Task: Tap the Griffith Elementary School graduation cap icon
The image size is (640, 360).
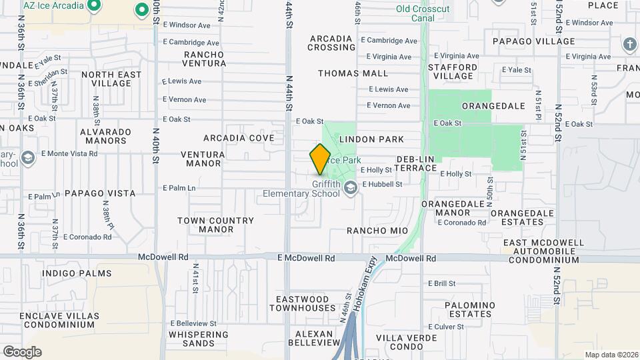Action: click(350, 190)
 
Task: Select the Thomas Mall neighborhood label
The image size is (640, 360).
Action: click(353, 73)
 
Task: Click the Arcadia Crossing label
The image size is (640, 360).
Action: click(331, 43)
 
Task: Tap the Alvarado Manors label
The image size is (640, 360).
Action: click(103, 136)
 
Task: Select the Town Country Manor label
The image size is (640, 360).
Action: click(215, 225)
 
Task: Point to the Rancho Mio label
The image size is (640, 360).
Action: click(377, 231)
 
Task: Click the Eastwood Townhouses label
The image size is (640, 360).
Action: click(302, 303)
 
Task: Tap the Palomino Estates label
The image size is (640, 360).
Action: click(470, 309)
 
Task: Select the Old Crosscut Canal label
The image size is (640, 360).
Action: click(423, 13)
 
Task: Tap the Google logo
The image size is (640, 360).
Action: click(22, 351)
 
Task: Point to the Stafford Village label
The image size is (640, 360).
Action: click(453, 71)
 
